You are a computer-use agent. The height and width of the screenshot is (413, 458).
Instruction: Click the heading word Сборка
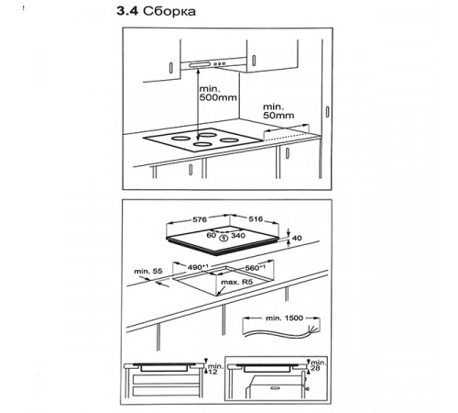tap(169, 11)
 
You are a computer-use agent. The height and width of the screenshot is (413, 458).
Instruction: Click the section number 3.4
tap(127, 11)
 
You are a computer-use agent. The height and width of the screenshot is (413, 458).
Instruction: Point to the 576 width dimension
tap(200, 219)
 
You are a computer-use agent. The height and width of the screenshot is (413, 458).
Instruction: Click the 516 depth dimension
tap(256, 219)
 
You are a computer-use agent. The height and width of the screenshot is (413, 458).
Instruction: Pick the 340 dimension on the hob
tap(238, 236)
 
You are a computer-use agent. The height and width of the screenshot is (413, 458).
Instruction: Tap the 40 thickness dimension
tap(297, 238)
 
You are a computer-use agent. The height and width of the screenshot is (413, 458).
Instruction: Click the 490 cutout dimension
tap(198, 267)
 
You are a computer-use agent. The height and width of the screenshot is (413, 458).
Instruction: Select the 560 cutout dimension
tap(255, 268)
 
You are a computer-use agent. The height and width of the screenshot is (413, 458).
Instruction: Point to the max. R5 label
tap(237, 282)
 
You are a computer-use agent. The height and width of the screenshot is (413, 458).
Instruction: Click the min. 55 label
tap(148, 272)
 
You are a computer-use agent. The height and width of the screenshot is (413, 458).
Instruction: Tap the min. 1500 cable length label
tap(284, 318)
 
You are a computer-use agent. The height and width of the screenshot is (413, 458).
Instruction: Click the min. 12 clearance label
tap(215, 369)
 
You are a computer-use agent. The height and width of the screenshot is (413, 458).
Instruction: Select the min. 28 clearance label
tap(318, 365)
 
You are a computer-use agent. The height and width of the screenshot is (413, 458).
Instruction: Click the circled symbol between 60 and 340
tap(224, 237)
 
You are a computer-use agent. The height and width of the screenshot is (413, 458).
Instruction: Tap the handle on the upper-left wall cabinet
tap(171, 67)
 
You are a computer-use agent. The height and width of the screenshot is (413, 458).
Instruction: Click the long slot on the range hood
tap(200, 64)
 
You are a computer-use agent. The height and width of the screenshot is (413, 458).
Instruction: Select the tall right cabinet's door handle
tap(327, 112)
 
